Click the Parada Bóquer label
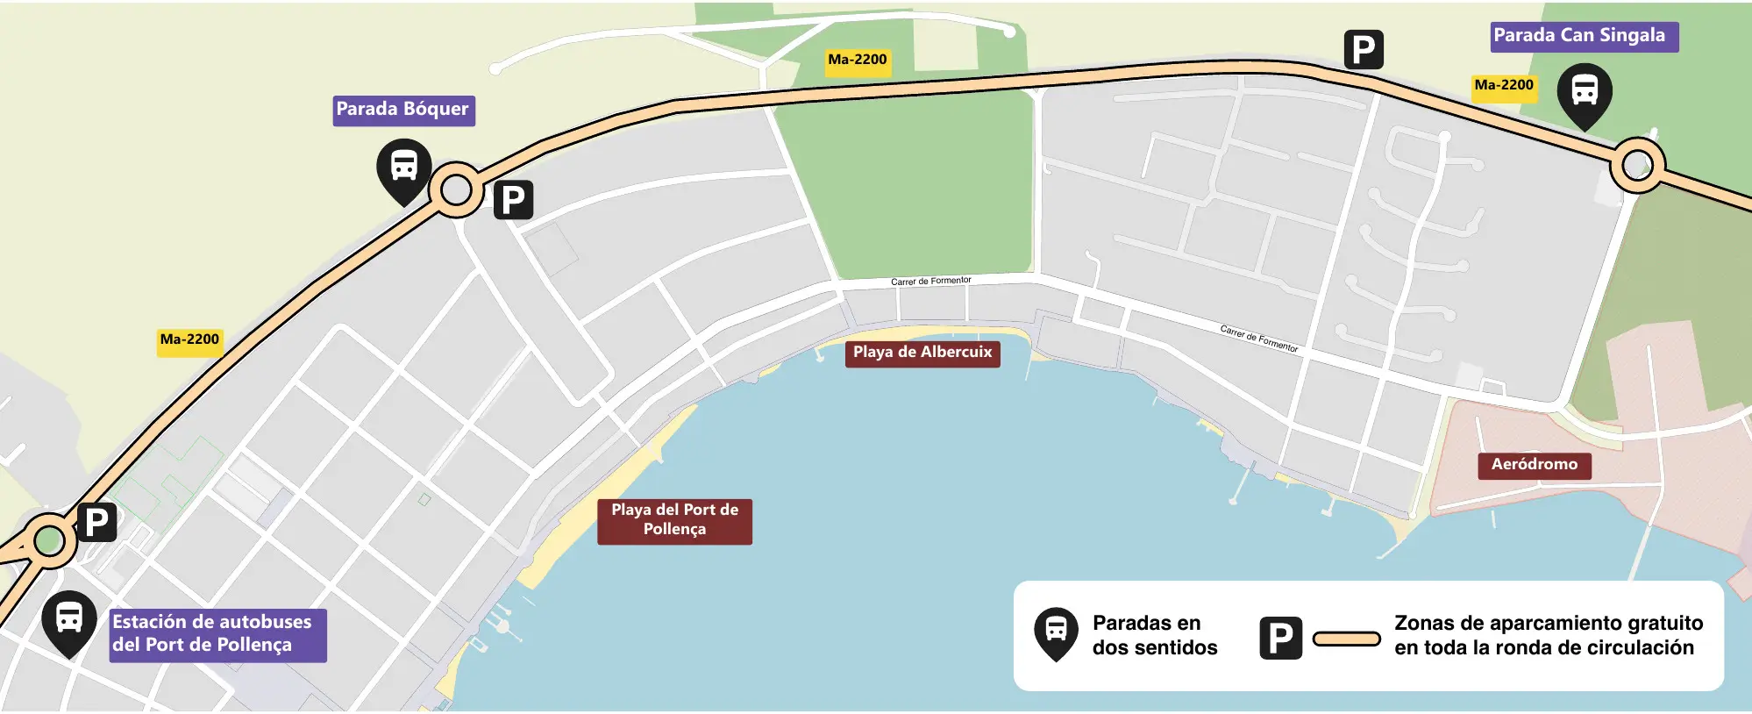coord(403,111)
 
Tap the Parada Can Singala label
coord(1584,37)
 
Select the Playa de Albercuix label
coord(922,353)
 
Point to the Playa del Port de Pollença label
coord(674,520)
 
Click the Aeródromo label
coord(1534,465)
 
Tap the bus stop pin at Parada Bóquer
coord(403,169)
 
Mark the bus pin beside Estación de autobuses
coord(69,621)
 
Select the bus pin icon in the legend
coord(1056,632)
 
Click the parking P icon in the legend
coord(1280,638)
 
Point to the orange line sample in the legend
coord(1346,639)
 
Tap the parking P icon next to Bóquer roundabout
coord(513,200)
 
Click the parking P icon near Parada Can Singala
coord(1364,50)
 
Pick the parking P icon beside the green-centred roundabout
coord(96,523)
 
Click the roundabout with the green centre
coord(49,540)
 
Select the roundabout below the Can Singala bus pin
coord(1636,165)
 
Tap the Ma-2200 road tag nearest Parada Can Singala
coord(1503,86)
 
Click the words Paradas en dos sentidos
coord(1154,635)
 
